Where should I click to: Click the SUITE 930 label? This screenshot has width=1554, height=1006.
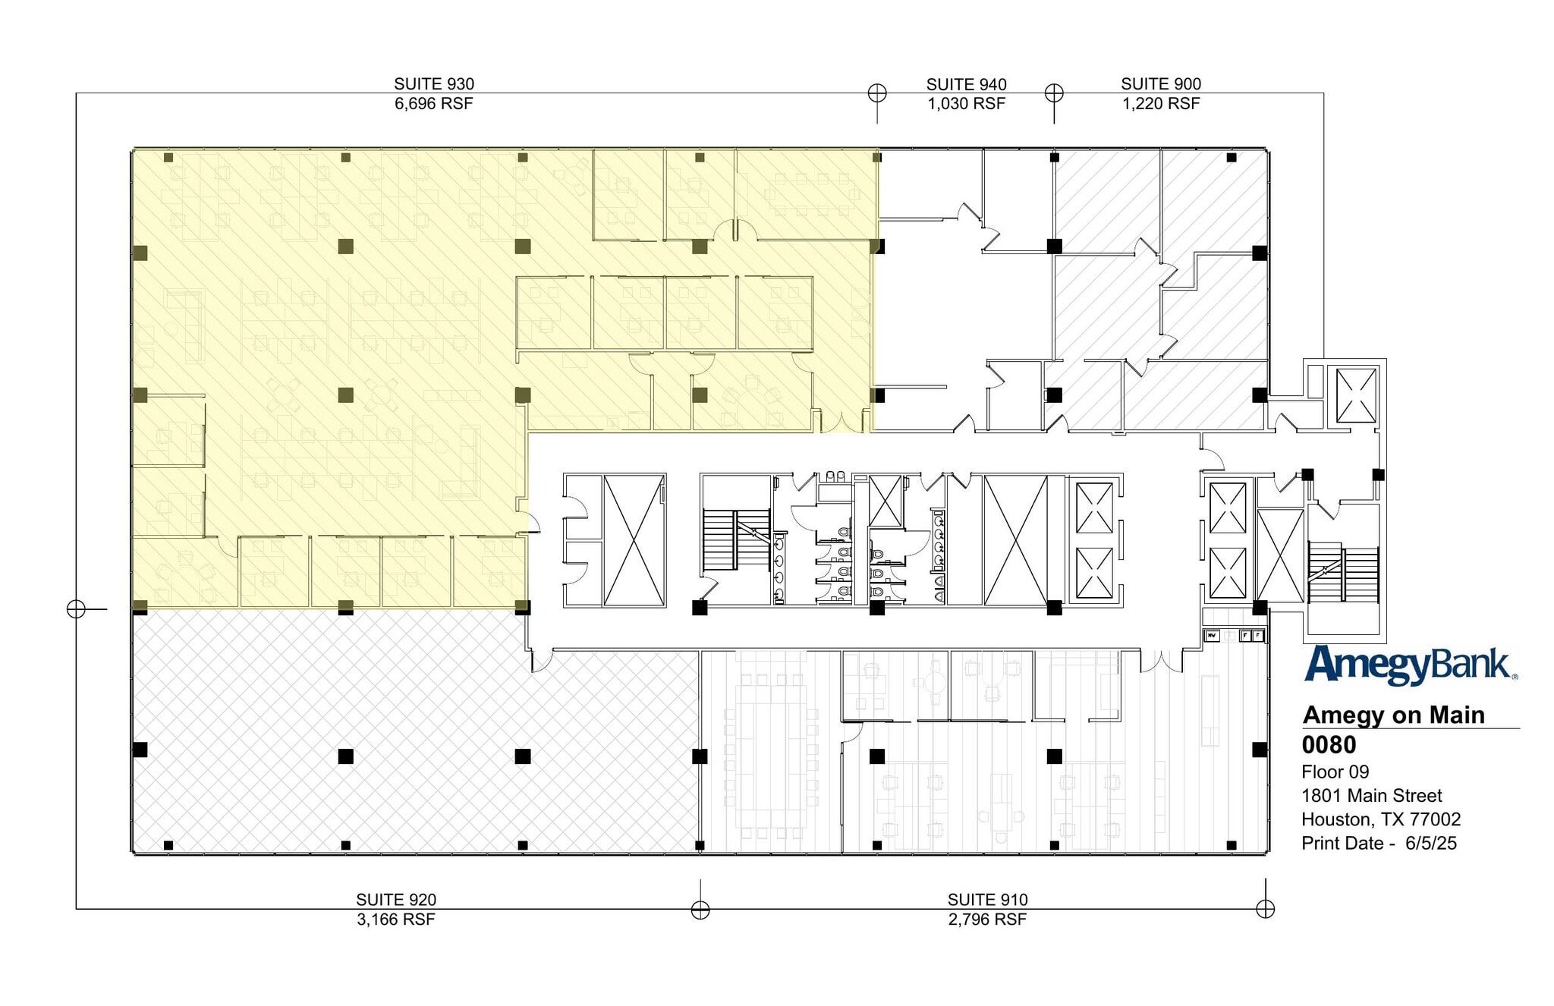pyautogui.click(x=433, y=84)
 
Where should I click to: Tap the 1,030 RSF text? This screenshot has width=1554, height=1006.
pyautogui.click(x=966, y=104)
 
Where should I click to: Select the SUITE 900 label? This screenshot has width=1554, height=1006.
pyautogui.click(x=1160, y=84)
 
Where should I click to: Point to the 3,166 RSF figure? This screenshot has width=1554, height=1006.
pyautogui.click(x=395, y=920)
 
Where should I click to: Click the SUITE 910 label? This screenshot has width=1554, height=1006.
pyautogui.click(x=987, y=900)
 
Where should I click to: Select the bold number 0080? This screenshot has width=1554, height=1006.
pyautogui.click(x=1329, y=745)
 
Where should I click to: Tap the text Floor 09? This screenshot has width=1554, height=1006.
pyautogui.click(x=1335, y=772)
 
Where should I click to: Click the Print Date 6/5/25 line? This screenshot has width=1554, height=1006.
pyautogui.click(x=1378, y=844)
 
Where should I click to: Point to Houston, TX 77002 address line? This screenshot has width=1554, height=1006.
pyautogui.click(x=1380, y=819)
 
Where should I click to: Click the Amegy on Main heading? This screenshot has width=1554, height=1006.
pyautogui.click(x=1393, y=715)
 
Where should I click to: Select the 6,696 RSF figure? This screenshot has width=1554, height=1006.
pyautogui.click(x=433, y=104)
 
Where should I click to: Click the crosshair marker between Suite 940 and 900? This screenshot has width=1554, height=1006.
pyautogui.click(x=1054, y=93)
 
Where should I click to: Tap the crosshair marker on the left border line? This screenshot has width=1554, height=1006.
pyautogui.click(x=76, y=608)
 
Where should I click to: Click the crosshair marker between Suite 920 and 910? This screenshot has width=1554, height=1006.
pyautogui.click(x=700, y=909)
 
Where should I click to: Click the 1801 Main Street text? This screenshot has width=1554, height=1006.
pyautogui.click(x=1371, y=796)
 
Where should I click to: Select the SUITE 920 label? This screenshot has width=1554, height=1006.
pyautogui.click(x=395, y=900)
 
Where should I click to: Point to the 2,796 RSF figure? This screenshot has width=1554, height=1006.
pyautogui.click(x=987, y=920)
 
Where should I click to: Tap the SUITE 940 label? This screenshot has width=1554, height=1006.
pyautogui.click(x=966, y=84)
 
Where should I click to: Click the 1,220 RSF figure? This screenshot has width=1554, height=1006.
pyautogui.click(x=1160, y=104)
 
